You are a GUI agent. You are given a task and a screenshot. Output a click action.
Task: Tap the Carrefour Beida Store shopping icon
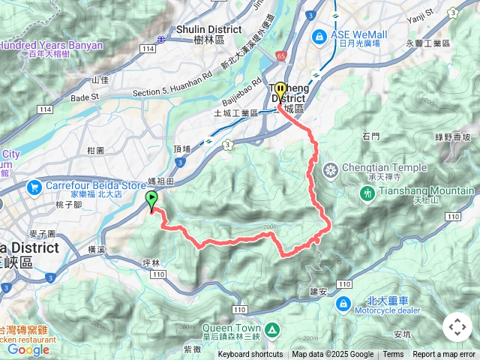click(34, 186)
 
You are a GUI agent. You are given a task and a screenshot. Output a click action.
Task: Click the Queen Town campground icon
click(271, 329)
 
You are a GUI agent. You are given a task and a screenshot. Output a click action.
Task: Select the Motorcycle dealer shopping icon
click(343, 304)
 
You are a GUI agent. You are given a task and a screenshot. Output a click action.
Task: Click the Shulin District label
click(202, 29)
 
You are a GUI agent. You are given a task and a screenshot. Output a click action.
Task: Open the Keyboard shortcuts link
click(250, 355)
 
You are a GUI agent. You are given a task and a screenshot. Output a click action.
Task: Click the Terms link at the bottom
click(393, 355)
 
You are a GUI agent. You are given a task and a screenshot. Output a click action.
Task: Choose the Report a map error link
click(445, 355)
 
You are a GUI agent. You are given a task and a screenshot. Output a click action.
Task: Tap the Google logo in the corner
click(28, 349)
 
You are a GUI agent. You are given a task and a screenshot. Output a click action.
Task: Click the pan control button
click(457, 327)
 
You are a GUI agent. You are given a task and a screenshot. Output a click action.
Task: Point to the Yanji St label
click(421, 12)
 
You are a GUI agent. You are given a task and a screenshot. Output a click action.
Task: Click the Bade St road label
click(85, 97)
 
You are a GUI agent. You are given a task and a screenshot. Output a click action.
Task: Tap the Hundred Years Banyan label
click(51, 45)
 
